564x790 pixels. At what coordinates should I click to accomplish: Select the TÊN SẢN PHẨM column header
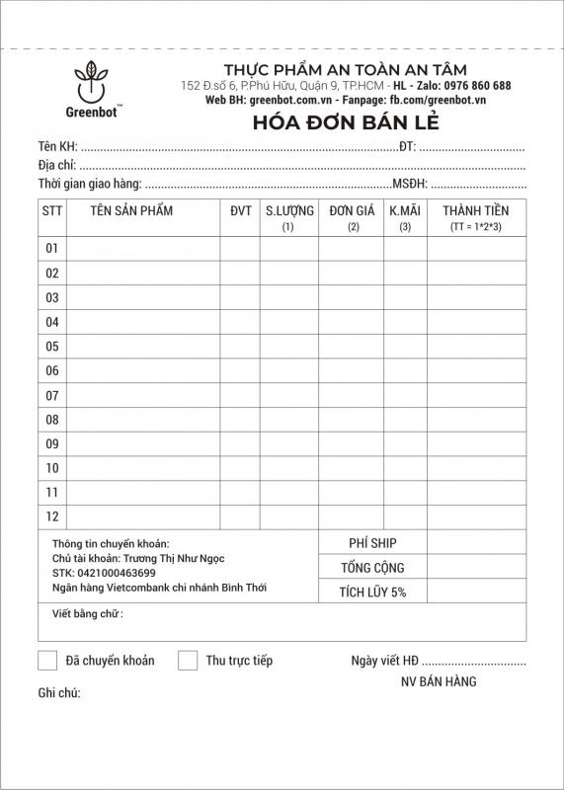(x=131, y=210)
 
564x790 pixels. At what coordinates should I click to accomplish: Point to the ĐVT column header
(x=240, y=210)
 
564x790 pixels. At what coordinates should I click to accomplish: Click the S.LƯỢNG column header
(x=289, y=210)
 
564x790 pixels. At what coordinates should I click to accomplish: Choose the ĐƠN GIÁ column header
(x=352, y=210)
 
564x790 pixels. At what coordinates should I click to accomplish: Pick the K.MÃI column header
(x=405, y=210)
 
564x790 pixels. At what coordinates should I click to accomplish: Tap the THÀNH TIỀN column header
(x=475, y=210)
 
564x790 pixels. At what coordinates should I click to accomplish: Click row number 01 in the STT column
(x=52, y=248)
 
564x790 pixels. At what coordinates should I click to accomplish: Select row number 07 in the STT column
(x=52, y=395)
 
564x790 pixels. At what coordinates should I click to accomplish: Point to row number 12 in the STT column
(x=52, y=515)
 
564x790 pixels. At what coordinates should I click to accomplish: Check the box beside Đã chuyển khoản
(x=47, y=661)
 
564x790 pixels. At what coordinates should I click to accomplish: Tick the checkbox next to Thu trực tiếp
(x=188, y=661)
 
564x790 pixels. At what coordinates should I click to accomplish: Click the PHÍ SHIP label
(x=372, y=543)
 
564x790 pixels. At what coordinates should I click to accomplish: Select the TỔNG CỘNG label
(x=372, y=568)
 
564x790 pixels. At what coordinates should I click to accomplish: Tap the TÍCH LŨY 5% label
(x=372, y=592)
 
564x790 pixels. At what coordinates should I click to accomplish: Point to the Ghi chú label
(x=59, y=693)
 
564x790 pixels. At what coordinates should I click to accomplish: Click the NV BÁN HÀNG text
(x=439, y=681)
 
